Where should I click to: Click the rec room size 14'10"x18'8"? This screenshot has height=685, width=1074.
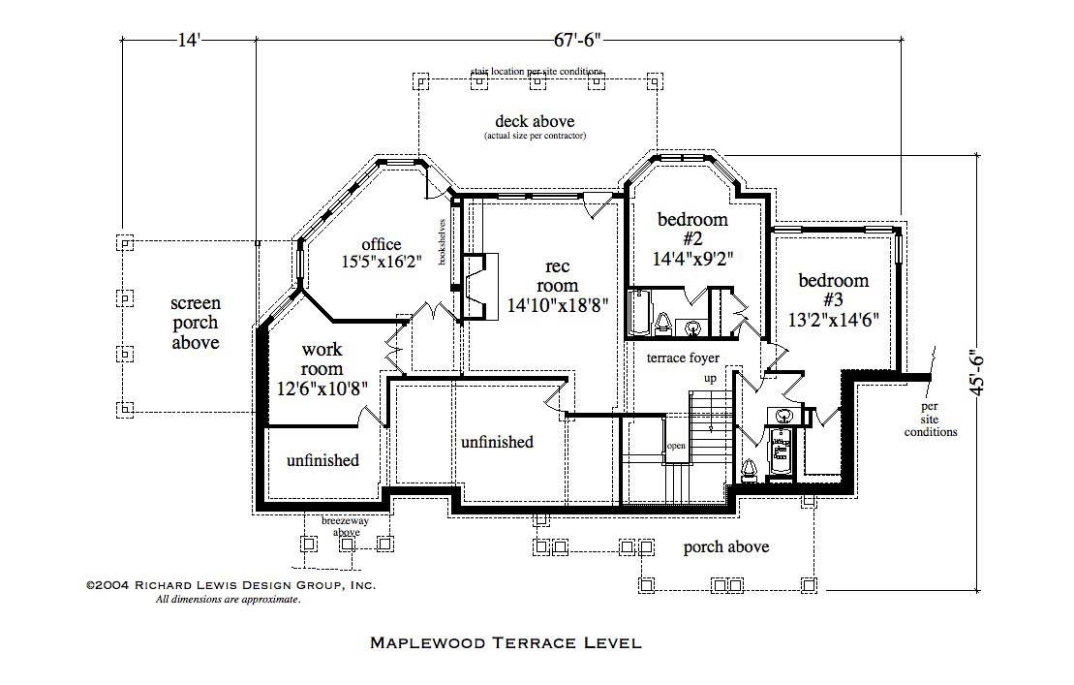[x=558, y=305]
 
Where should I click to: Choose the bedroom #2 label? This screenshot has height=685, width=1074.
[x=691, y=238]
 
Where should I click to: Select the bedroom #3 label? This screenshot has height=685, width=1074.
[x=833, y=300]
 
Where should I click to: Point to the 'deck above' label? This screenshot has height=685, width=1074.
[x=535, y=122]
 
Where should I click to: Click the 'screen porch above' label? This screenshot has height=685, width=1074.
[x=196, y=323]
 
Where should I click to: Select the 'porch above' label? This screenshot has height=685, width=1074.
[x=725, y=547]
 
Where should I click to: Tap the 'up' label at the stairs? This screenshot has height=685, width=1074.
[x=710, y=379]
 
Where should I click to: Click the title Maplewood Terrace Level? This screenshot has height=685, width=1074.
[x=506, y=642]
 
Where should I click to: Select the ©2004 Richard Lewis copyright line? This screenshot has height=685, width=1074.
[x=230, y=585]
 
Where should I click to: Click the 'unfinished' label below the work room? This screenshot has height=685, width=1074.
[x=322, y=460]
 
